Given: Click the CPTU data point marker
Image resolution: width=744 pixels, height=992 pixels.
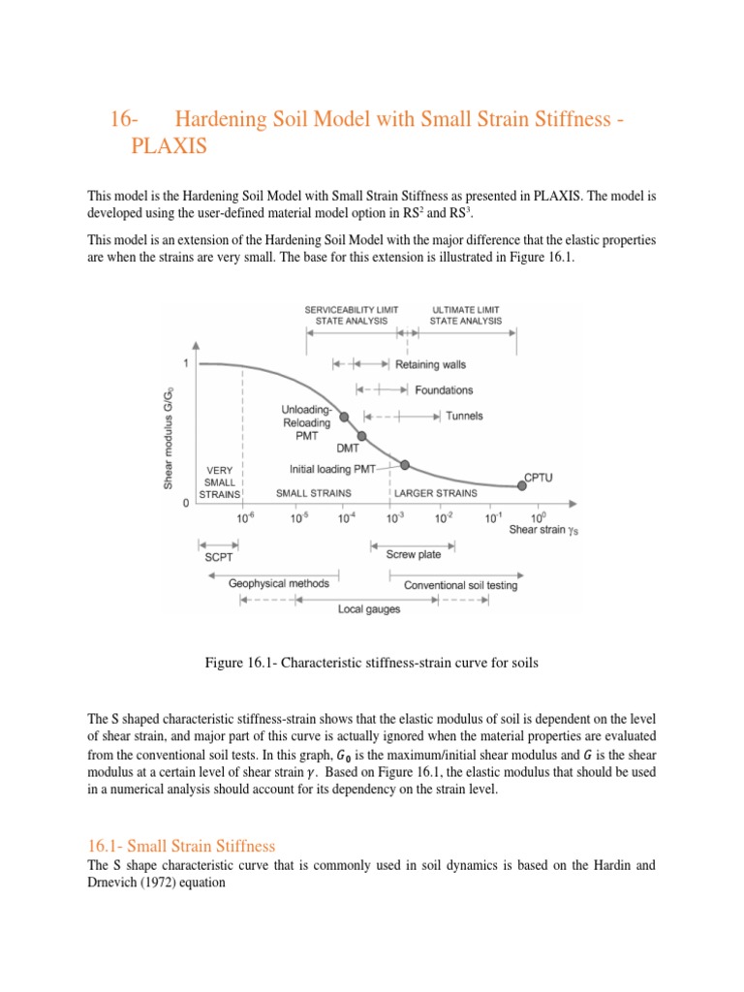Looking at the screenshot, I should click(x=514, y=483).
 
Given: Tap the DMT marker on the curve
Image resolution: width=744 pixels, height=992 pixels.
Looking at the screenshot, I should click(x=362, y=436).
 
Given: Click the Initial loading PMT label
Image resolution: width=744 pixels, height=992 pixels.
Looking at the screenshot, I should click(x=337, y=468).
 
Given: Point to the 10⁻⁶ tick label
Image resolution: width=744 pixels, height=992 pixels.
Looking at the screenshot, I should click(x=245, y=518).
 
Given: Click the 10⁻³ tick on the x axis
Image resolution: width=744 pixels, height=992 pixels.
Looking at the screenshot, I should click(x=390, y=504).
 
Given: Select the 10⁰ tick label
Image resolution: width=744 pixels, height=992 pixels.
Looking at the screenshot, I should click(x=539, y=518).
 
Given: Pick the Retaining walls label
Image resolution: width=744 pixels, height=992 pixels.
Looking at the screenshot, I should click(x=430, y=365).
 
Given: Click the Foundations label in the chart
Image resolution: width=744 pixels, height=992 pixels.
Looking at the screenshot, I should click(x=444, y=390).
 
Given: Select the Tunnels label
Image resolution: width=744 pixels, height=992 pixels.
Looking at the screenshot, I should click(x=464, y=417).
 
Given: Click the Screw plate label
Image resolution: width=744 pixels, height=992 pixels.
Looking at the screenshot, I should click(x=414, y=555).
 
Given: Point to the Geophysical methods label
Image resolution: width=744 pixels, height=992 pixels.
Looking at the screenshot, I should click(x=279, y=583).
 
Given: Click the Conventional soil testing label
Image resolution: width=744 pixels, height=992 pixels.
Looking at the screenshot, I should click(x=460, y=585).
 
